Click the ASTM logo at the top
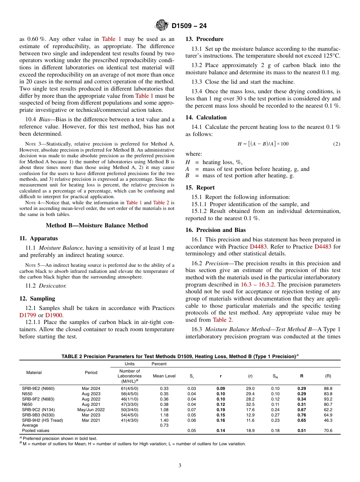(x=162, y=26)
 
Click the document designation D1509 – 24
(x=189, y=26)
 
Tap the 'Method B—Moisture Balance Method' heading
(x=97, y=225)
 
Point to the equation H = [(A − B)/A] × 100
(x=263, y=144)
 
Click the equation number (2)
(x=337, y=144)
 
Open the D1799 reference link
(x=27, y=315)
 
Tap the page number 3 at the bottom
(x=180, y=466)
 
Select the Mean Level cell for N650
(x=164, y=404)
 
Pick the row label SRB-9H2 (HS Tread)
(x=42, y=420)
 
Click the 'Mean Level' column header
(x=164, y=376)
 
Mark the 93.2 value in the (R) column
(x=328, y=399)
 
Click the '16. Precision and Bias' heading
(x=215, y=230)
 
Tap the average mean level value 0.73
(x=164, y=426)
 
